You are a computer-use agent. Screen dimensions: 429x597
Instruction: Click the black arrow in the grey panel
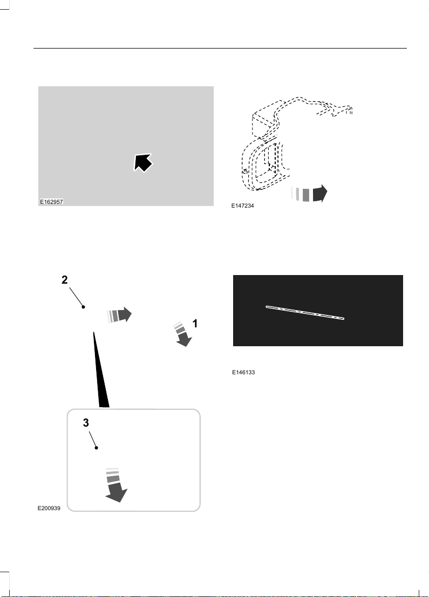(143, 162)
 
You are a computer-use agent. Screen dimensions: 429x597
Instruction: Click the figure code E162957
(51, 202)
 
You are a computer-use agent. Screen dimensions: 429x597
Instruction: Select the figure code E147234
(243, 205)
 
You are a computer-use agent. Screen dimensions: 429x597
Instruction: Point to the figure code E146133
(243, 372)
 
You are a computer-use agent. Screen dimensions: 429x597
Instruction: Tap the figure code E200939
(49, 509)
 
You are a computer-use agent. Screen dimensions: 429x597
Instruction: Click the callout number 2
(65, 280)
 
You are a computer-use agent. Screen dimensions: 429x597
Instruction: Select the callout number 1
(195, 324)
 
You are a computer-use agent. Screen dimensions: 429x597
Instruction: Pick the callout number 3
(86, 423)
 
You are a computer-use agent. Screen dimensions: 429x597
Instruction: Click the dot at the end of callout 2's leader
(84, 307)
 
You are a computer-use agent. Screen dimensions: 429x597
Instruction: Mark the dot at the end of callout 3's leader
(97, 448)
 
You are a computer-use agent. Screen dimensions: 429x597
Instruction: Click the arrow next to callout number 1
(182, 334)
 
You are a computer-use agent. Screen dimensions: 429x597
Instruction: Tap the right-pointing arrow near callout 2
(119, 315)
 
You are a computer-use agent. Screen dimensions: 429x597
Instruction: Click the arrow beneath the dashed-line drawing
(309, 194)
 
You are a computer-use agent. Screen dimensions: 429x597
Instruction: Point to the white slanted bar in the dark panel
(305, 312)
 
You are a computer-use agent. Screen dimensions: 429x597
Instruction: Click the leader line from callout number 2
(76, 297)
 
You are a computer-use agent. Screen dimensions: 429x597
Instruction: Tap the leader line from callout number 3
(93, 440)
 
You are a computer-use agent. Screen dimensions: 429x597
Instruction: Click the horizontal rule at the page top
(220, 49)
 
